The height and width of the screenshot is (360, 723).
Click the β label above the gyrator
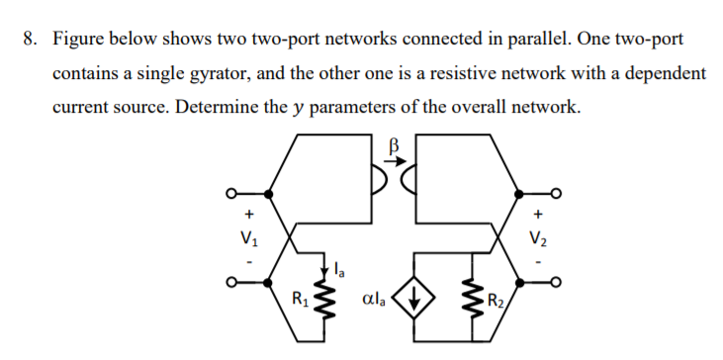(394, 145)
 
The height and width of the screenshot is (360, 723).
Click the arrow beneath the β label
(394, 162)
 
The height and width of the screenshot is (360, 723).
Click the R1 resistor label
(295, 294)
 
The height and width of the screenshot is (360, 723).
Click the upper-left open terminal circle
(231, 192)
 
